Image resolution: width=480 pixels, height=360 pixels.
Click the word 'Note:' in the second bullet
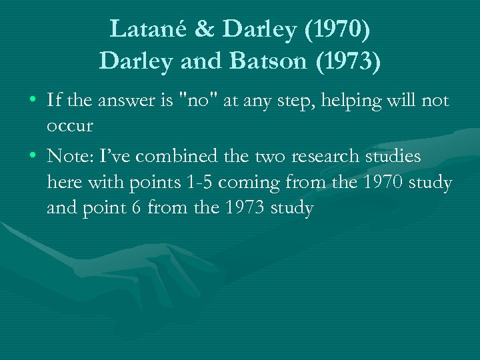69,157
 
